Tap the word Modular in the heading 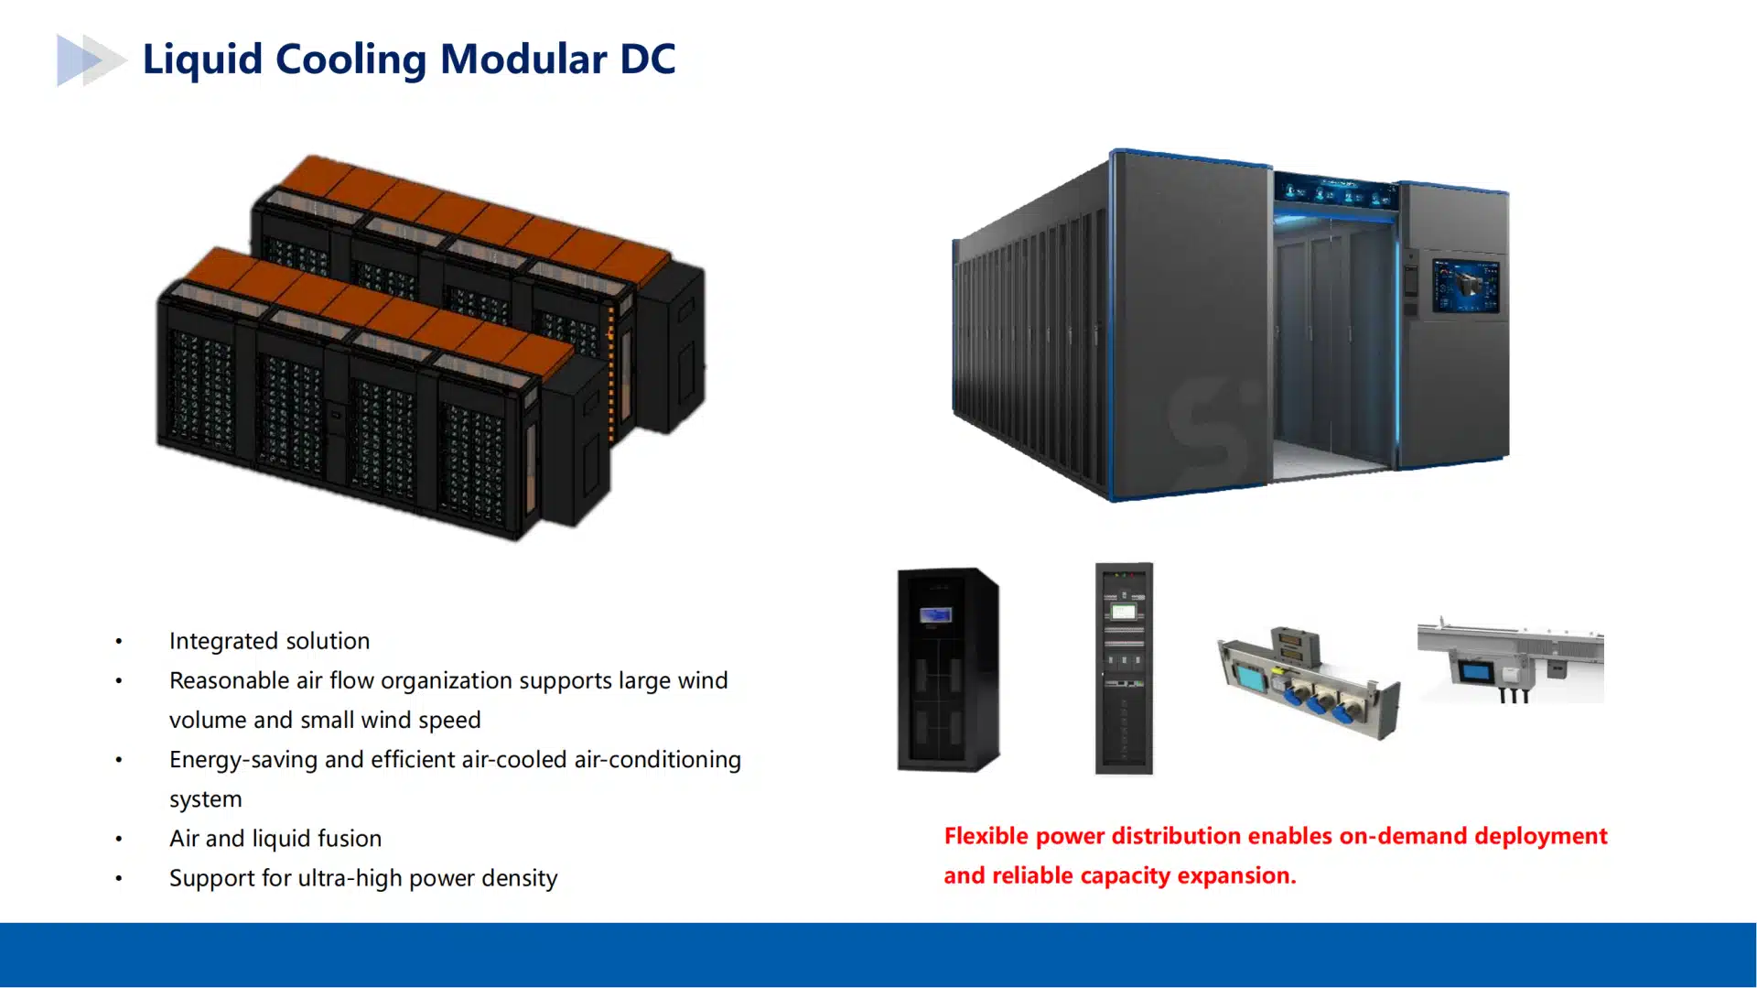[523, 60]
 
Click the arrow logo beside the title [91, 60]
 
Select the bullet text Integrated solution [269, 641]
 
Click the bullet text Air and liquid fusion [275, 839]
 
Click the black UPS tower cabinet [948, 669]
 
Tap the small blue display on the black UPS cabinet [936, 614]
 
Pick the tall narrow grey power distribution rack [1124, 668]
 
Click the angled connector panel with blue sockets [1309, 683]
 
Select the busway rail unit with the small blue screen [1510, 659]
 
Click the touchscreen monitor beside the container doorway [1466, 286]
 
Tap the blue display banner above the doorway [1336, 192]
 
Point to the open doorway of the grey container [1331, 343]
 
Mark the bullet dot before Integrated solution [119, 642]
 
